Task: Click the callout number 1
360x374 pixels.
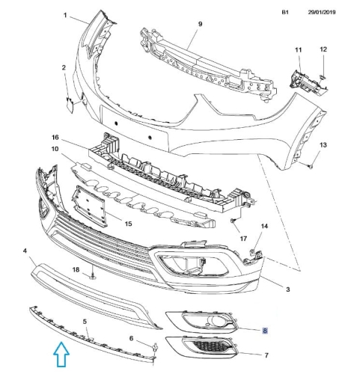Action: tap(65, 16)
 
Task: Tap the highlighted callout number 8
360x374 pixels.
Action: tap(265, 331)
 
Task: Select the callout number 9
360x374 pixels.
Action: tap(200, 24)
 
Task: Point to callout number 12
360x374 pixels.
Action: tap(323, 49)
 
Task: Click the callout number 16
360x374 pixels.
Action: tap(55, 137)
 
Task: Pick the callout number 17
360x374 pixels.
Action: tap(243, 239)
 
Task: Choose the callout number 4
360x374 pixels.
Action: tap(25, 251)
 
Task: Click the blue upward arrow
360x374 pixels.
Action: tap(61, 355)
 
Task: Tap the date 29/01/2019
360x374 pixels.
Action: tap(322, 12)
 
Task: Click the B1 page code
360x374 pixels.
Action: tap(285, 12)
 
